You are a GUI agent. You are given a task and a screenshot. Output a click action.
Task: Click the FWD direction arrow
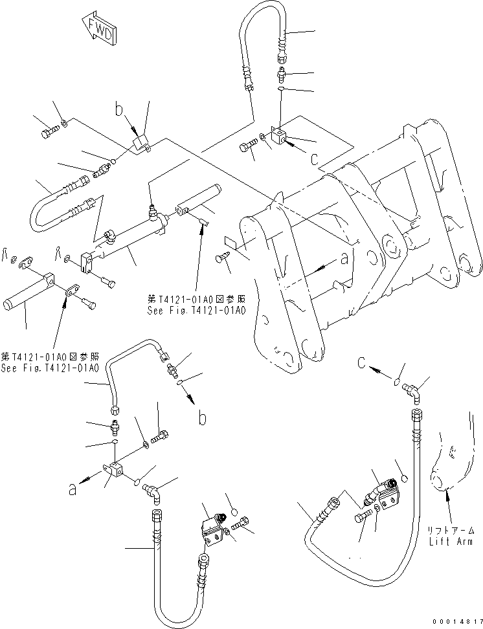pos(98,30)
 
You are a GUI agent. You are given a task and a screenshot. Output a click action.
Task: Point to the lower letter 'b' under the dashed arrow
pos(203,419)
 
